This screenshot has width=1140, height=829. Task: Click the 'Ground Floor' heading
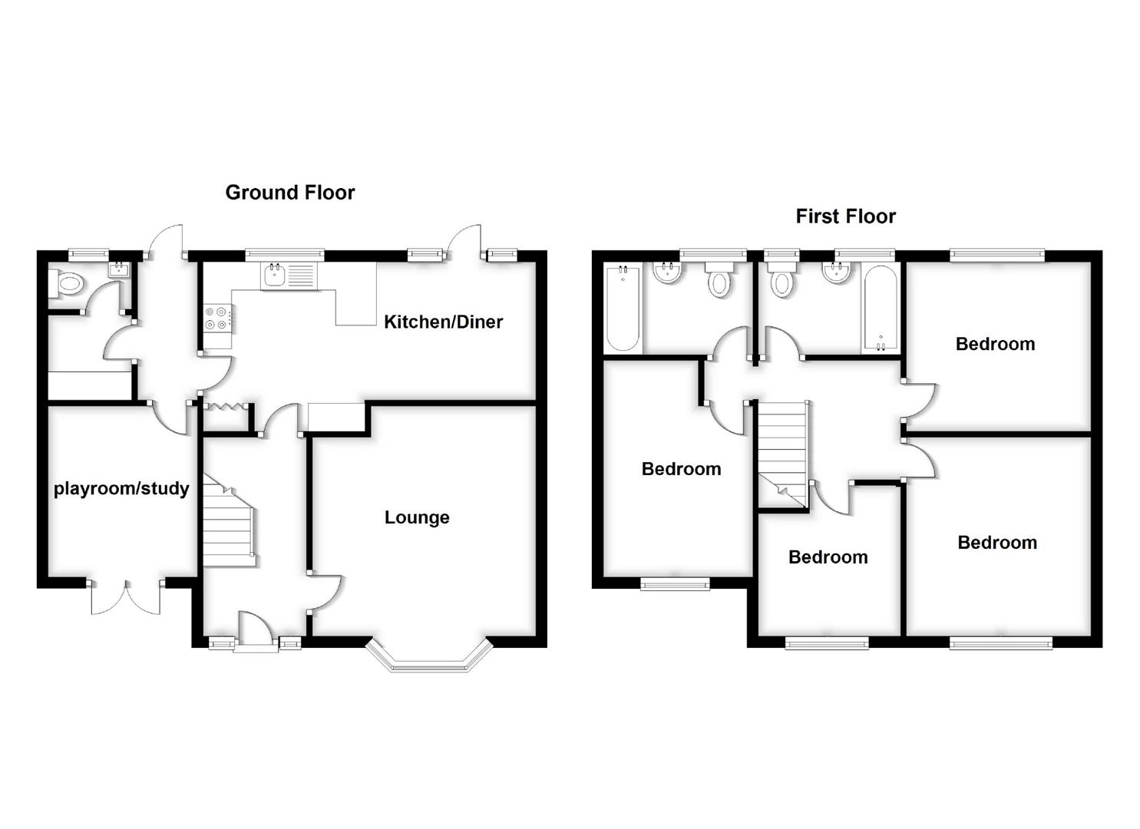click(290, 193)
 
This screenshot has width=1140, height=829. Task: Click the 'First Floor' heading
click(845, 216)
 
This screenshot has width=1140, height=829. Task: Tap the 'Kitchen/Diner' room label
click(443, 322)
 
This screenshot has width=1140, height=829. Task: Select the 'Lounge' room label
click(417, 517)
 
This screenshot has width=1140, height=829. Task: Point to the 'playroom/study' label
click(121, 488)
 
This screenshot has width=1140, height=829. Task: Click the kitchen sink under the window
click(289, 276)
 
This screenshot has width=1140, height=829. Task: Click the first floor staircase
click(783, 453)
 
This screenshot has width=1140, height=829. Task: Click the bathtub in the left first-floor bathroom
click(622, 308)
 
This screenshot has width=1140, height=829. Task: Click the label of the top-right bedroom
click(995, 344)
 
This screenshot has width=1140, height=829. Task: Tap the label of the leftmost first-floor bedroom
click(681, 469)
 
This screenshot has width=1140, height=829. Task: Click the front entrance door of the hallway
click(256, 631)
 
